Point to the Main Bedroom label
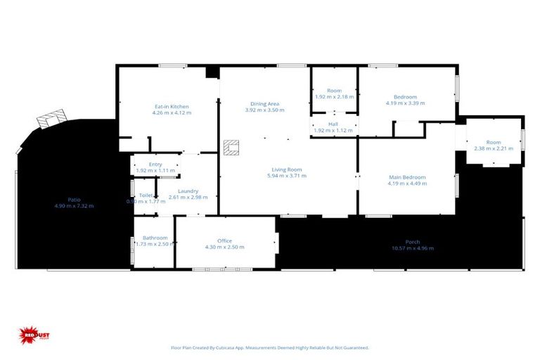coord(407,177)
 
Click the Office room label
coord(224,240)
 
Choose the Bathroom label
coord(155,238)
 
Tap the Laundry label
coord(188,191)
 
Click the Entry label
coord(155,164)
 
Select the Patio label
coord(74,199)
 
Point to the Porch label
coord(413,242)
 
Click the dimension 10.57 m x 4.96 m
coord(413,248)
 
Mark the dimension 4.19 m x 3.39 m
coord(405,103)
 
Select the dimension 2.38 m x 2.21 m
coord(494,148)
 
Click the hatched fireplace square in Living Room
coord(230,146)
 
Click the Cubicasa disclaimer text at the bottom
coord(269,347)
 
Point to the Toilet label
coord(146,195)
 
